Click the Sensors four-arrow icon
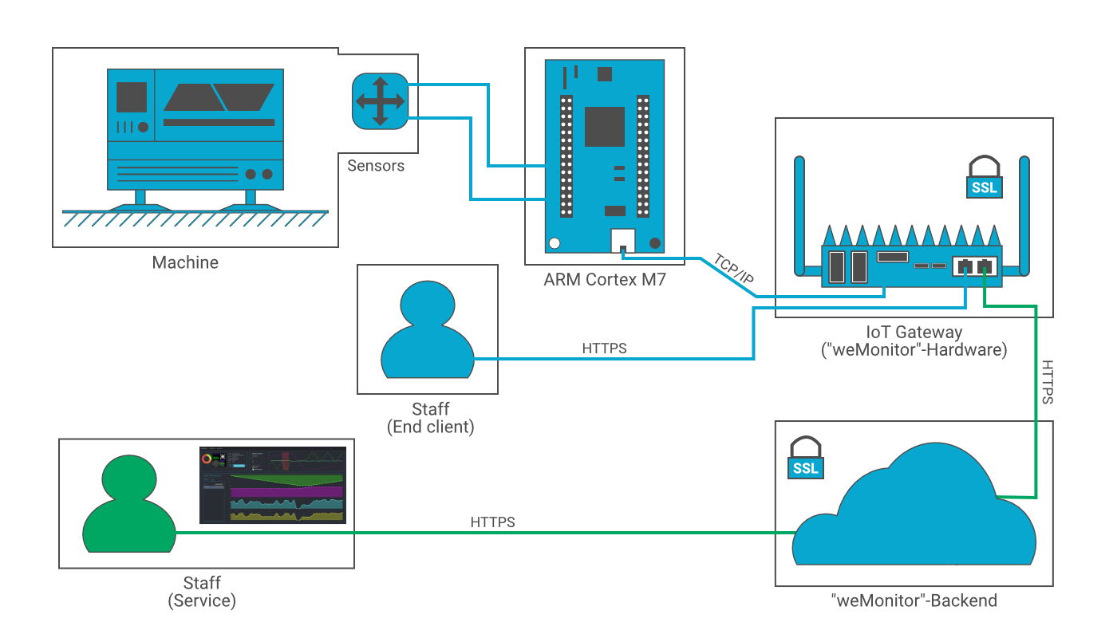point(379,100)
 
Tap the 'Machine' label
point(185,262)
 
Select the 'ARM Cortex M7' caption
point(604,280)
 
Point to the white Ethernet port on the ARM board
point(622,240)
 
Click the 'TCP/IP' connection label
point(732,270)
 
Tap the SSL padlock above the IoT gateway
point(984,177)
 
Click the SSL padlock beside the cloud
point(805,458)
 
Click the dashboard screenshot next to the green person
point(272,486)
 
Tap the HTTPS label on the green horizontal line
point(492,522)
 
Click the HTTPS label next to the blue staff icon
point(604,349)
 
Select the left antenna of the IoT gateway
point(799,215)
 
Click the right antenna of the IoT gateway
point(1024,215)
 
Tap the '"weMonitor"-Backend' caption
point(913,601)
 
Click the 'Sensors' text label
point(376,166)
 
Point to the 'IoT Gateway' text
point(914,332)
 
